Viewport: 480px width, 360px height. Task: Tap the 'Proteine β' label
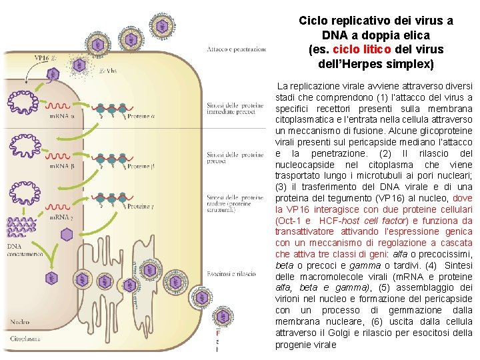click(x=140, y=166)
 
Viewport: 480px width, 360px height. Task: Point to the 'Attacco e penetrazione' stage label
click(x=236, y=49)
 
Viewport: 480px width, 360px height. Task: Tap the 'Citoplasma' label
click(x=25, y=339)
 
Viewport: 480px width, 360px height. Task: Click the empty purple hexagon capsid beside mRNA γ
click(x=67, y=234)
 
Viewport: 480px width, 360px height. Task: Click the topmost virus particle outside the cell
click(x=161, y=26)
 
